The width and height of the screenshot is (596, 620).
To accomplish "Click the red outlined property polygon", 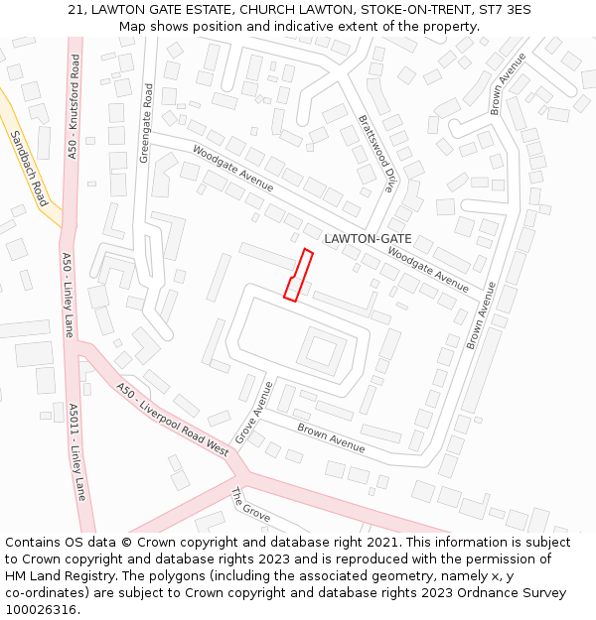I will [x=298, y=275].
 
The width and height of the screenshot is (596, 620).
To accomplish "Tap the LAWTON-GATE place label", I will [x=368, y=239].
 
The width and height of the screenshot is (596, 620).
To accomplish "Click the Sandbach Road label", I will [x=29, y=168].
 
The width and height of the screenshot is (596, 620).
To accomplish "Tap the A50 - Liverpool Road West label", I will [x=172, y=420].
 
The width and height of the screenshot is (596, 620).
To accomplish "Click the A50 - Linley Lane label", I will [x=68, y=295].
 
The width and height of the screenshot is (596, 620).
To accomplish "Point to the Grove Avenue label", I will [x=254, y=413].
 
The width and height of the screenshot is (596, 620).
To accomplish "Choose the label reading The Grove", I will [x=250, y=505].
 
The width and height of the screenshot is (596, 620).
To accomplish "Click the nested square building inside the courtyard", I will [x=321, y=350].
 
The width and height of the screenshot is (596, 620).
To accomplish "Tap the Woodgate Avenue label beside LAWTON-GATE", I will [x=427, y=269].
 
